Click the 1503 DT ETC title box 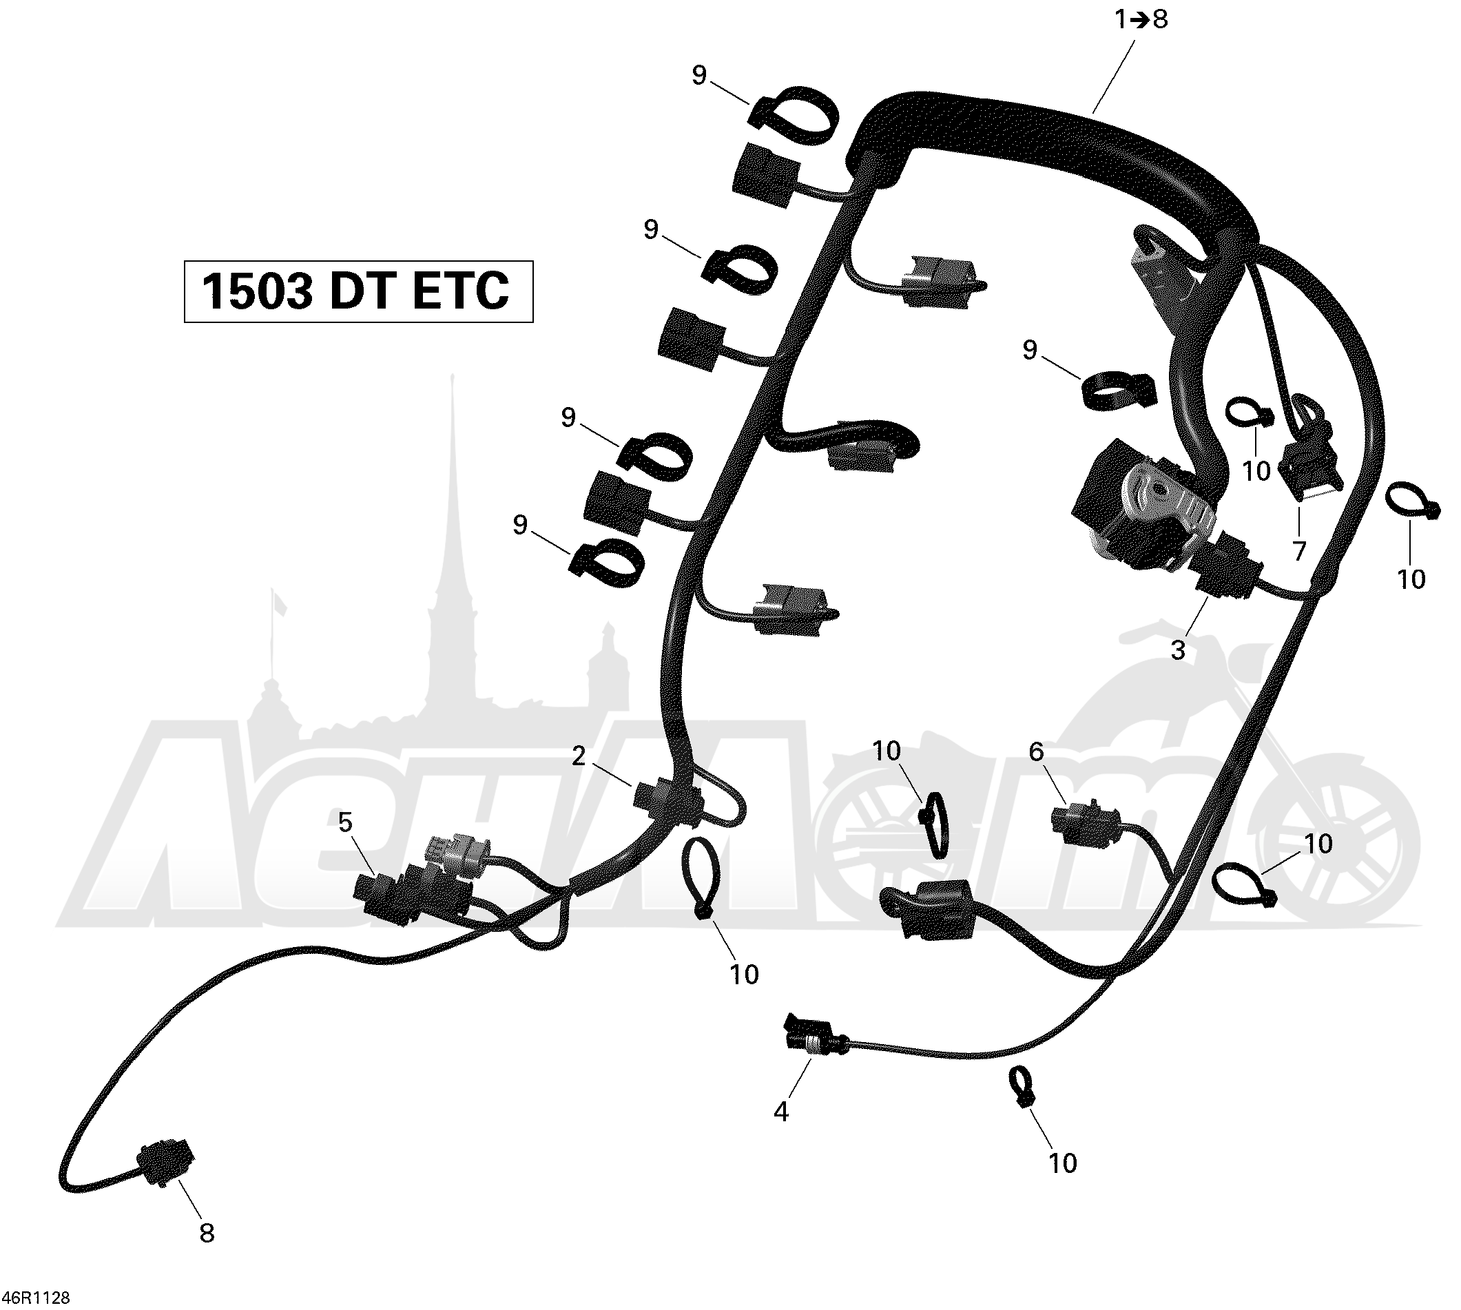(358, 291)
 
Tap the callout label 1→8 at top (1141, 19)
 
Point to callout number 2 (579, 756)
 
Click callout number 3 (1178, 650)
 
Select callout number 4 (781, 1112)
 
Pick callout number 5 (346, 822)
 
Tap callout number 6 (1036, 751)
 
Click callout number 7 (1299, 550)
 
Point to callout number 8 (207, 1233)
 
